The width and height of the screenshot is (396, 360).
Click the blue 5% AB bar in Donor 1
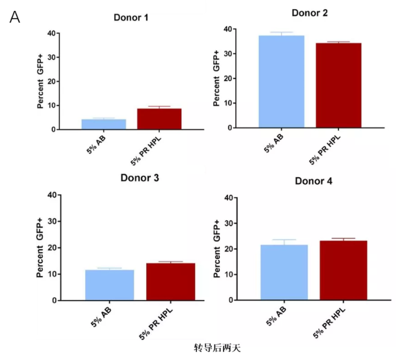[96, 124]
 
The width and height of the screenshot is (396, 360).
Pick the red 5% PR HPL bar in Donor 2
[339, 85]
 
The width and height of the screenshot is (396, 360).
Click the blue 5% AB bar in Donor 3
[110, 285]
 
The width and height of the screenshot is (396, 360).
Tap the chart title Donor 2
[309, 13]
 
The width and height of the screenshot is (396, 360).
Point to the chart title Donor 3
[139, 177]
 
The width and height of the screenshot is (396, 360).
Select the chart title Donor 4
[314, 181]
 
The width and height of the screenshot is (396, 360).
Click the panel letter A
[15, 18]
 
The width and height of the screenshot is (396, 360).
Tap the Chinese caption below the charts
[214, 347]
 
